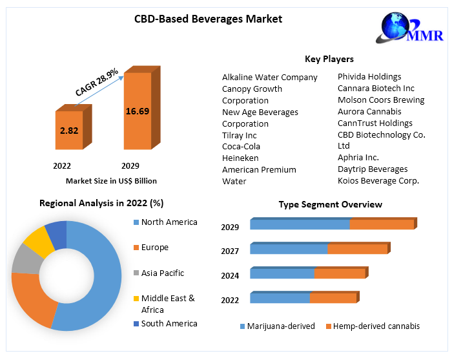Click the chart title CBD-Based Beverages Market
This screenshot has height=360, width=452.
208,19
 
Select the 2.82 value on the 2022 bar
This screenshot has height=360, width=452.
69,131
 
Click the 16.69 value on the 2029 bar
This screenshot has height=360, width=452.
137,111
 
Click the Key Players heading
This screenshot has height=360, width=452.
329,59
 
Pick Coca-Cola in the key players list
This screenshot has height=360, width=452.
241,146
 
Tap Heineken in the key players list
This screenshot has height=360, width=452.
240,158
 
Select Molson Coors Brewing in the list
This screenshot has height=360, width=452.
381,100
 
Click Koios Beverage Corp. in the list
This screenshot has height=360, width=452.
378,180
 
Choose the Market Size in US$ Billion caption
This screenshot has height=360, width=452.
111,181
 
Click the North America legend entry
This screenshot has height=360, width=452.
169,222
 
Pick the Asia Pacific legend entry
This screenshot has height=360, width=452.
163,273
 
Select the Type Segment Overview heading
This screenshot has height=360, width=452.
330,204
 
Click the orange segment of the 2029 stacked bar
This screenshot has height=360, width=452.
382,225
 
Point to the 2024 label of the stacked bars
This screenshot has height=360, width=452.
230,276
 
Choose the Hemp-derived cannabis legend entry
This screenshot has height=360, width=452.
376,326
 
